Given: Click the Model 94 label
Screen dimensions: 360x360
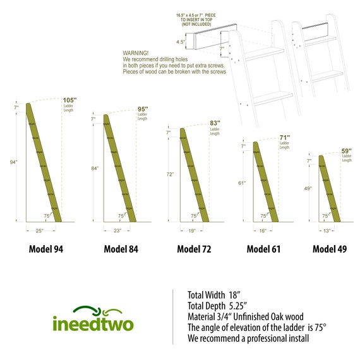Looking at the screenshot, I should tap(46, 249).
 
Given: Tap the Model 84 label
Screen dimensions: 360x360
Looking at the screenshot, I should tap(121, 249).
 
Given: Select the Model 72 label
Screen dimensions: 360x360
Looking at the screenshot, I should tap(194, 249).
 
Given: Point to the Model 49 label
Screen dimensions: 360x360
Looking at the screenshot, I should tap(329, 249).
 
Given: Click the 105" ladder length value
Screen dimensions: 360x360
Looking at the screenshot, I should tap(69, 100).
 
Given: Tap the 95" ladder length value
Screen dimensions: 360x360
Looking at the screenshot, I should tap(143, 109).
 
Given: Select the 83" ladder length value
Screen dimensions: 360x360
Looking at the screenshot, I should tap(216, 124).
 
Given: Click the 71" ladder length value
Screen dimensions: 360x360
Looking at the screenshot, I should tap(285, 138).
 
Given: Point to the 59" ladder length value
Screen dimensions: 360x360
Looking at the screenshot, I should tap(347, 151).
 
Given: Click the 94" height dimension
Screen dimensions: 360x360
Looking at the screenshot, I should tap(14, 162).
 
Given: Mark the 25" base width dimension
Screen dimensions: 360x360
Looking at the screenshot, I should tap(39, 231).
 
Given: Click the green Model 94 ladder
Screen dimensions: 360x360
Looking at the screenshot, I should tap(43, 162).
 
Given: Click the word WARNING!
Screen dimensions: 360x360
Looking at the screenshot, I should tap(136, 53).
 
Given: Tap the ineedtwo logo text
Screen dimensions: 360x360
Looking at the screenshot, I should tap(93, 324).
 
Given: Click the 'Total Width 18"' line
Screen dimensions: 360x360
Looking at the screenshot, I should tap(215, 294).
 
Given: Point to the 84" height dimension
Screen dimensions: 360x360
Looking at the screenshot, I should tap(94, 169).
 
